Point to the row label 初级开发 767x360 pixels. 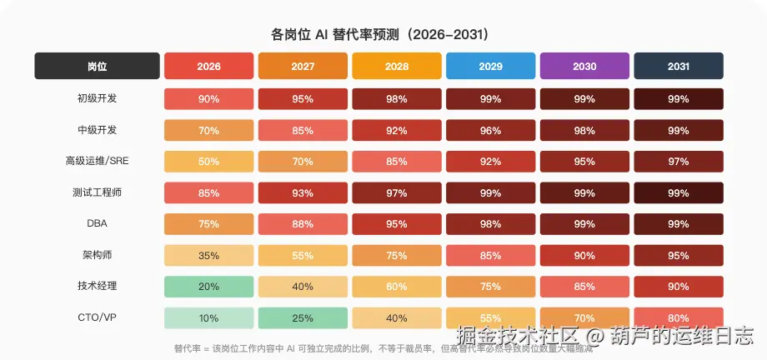(x=97, y=98)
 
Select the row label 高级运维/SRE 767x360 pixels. (x=97, y=161)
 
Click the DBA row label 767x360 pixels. (x=97, y=223)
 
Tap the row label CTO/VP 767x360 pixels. (x=97, y=317)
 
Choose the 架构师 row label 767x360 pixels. (x=97, y=255)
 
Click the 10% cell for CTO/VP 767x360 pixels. (x=208, y=317)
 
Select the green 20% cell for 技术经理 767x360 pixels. (x=208, y=287)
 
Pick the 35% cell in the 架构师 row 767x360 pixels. (x=208, y=255)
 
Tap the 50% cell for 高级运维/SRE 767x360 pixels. (x=208, y=162)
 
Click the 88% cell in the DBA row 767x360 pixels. (x=303, y=224)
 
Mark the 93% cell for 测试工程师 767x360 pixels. (x=303, y=192)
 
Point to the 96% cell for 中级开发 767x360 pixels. (x=490, y=130)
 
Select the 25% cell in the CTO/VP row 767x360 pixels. (x=303, y=317)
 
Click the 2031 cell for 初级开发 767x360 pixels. (x=679, y=99)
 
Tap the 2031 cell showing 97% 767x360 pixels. (x=679, y=162)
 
